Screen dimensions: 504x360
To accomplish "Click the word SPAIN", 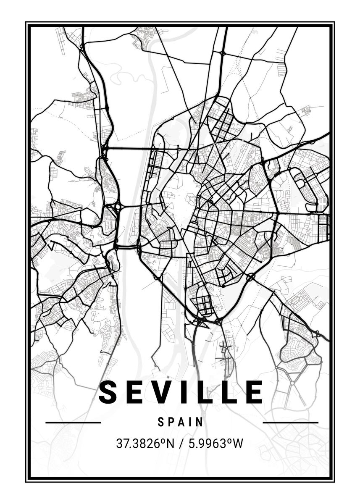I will pyautogui.click(x=181, y=422).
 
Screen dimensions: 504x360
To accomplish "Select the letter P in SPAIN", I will pyautogui.click(x=171, y=422).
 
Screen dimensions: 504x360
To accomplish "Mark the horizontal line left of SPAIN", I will pyautogui.click(x=73, y=423).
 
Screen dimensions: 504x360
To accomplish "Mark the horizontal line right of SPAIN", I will pyautogui.click(x=290, y=423).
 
